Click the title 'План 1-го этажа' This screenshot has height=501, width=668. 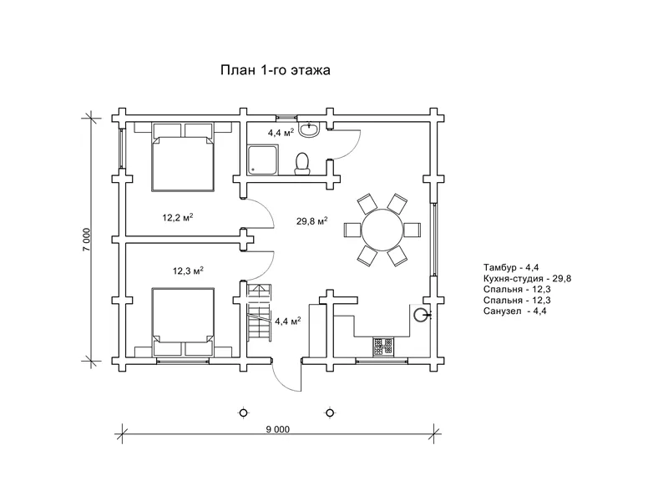pos(276,70)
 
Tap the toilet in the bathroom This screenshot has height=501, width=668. pos(302,164)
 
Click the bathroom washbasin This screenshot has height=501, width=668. pos(309,129)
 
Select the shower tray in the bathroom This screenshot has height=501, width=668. pos(263,159)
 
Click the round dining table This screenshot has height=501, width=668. pos(382,230)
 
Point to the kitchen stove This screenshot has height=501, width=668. pos(383,347)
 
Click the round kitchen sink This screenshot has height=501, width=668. pos(420,316)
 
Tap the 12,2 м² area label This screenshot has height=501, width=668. pos(178,218)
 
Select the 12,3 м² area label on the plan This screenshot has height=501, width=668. pos(188,271)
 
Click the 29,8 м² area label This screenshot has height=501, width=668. pos(311,220)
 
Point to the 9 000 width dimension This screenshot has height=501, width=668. pos(278,429)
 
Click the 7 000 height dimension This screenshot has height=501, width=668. pos(87,240)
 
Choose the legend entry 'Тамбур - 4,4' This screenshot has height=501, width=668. pos(511,267)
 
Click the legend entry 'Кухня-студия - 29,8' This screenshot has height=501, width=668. pos(527,279)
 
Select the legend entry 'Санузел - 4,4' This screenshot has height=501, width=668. pos(514,311)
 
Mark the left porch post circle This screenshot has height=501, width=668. pos(243,412)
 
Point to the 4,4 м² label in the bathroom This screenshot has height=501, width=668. pos(281,133)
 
